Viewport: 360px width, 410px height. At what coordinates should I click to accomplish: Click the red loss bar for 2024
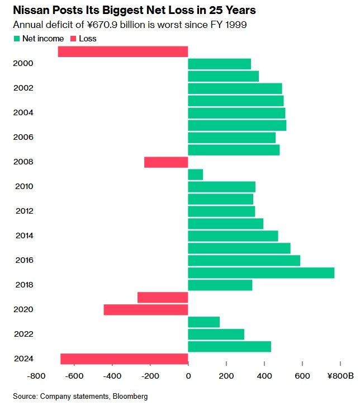coord(124,359)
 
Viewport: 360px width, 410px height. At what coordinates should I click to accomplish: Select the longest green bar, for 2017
coord(261,272)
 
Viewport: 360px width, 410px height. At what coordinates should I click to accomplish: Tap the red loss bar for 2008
coord(166,162)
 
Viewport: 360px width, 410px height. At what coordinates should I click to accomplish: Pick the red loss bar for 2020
coord(146,309)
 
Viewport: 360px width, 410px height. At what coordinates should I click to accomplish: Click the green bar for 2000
coord(219,64)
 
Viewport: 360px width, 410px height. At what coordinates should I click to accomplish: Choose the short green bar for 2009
coord(196,175)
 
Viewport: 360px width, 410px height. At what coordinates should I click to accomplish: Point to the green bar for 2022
coord(216,334)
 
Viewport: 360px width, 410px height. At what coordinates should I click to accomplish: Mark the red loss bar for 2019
coord(163,297)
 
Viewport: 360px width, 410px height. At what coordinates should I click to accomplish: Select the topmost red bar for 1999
coord(123,51)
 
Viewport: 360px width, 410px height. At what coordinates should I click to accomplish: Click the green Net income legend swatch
coord(16,39)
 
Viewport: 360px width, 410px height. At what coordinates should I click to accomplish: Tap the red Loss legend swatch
coord(73,39)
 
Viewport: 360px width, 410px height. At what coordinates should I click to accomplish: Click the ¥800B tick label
coord(340,376)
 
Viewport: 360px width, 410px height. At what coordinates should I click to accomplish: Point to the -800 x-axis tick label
coord(36,376)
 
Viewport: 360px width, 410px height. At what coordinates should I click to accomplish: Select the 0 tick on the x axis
coord(188,376)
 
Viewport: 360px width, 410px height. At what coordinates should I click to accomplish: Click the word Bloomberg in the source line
coord(130,396)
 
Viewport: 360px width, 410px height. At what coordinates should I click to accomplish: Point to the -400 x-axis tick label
coord(112,376)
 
